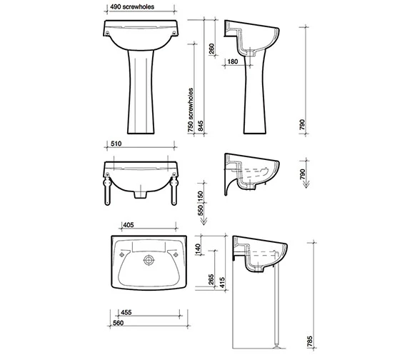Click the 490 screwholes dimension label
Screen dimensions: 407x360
(x=132, y=6)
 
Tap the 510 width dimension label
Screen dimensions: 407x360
(x=116, y=144)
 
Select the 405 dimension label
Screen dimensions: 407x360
(x=129, y=225)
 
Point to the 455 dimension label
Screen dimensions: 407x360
(x=126, y=312)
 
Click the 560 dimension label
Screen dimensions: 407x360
(x=118, y=323)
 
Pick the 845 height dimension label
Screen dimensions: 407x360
(x=201, y=126)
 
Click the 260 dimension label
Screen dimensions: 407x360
(x=212, y=49)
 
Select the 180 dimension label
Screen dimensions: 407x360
(x=233, y=61)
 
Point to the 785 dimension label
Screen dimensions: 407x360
(x=310, y=341)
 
